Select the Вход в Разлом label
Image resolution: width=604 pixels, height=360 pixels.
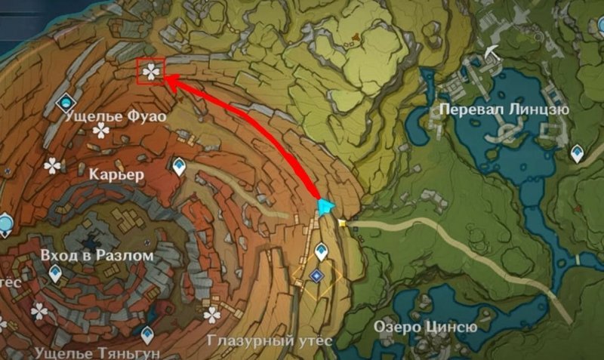pos(99,256)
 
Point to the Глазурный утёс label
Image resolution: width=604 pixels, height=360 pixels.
pos(269,340)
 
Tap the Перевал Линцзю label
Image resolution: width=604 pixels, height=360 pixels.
pos(504,109)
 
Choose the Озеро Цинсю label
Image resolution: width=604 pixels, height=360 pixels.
pos(426,327)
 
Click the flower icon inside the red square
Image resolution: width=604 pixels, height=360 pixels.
pos(151,72)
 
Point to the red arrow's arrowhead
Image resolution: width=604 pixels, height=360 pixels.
pos(168,80)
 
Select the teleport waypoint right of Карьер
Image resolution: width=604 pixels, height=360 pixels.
pos(179,165)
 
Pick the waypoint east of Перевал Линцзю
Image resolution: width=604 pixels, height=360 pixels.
pos(577,153)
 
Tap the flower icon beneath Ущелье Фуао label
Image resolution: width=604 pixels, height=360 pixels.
pos(101,132)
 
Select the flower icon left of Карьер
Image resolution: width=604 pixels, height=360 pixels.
pos(52,165)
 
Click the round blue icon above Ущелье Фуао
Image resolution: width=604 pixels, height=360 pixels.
pos(66,100)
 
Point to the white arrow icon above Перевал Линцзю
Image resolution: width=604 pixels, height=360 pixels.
pos(494,51)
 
